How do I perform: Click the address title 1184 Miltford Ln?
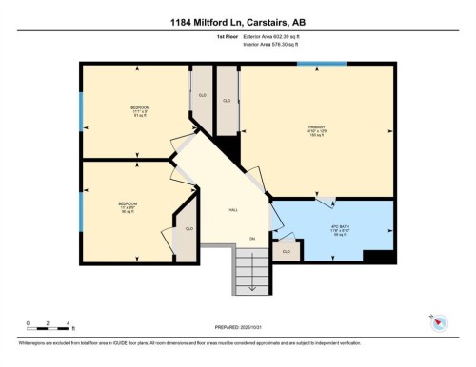(x=238, y=22)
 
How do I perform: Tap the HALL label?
(x=232, y=209)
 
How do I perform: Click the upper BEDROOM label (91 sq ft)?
(x=139, y=109)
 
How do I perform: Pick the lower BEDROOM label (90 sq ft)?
(x=127, y=205)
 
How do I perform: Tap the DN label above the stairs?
(x=252, y=238)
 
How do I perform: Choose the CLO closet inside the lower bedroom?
(x=188, y=229)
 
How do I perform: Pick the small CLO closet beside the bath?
(x=286, y=250)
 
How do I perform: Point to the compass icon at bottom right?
(x=440, y=322)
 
